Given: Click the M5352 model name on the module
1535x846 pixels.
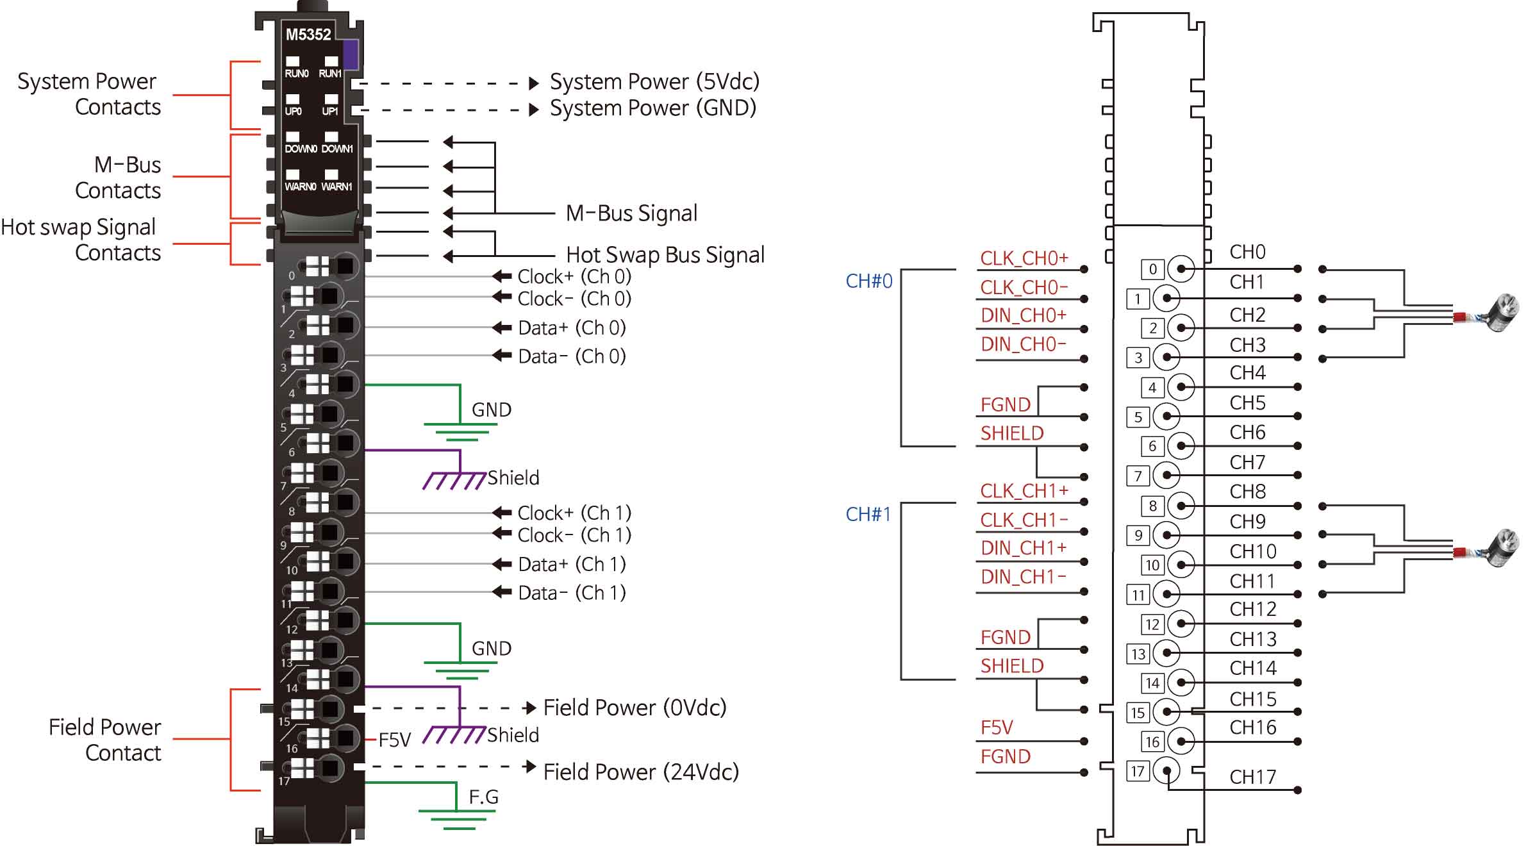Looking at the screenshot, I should (308, 35).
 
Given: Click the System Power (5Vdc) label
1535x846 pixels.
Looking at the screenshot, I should (654, 82).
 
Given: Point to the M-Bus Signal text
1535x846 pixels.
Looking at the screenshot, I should (631, 213).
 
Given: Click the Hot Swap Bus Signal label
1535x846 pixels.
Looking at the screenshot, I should (665, 255).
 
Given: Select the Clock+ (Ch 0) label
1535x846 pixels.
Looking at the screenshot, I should (574, 277).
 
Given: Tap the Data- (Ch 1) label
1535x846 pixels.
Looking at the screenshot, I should (572, 593).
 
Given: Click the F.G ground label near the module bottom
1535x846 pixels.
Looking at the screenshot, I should (483, 797).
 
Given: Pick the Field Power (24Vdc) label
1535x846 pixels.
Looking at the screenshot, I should (641, 772).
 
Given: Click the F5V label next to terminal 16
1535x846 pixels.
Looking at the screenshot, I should (394, 741).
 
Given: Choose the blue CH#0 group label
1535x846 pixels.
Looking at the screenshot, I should (868, 281).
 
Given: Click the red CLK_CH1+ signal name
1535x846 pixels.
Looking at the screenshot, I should (1024, 492).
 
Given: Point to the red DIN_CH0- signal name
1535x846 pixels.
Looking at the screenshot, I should (1024, 345).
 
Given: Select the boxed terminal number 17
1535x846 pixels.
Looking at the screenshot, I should (1138, 771).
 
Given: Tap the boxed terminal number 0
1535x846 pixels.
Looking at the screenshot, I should (1152, 269).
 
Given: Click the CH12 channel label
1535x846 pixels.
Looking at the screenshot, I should (1252, 610).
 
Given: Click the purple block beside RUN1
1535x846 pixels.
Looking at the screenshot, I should (351, 54).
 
